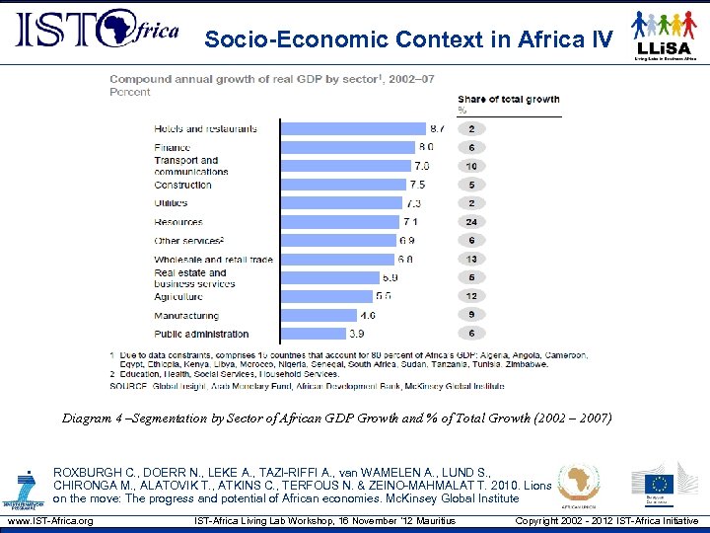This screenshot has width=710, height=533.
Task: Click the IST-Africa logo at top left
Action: tap(97, 32)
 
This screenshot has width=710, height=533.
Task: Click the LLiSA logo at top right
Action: tap(666, 35)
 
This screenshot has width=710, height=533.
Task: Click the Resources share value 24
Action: tap(471, 222)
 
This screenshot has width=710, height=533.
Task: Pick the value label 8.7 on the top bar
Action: tap(437, 128)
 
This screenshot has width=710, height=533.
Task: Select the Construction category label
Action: tap(182, 185)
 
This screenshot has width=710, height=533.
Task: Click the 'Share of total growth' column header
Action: tap(508, 100)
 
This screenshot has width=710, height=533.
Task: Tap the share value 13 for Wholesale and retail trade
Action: tap(471, 260)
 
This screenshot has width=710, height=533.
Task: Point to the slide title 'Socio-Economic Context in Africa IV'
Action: tap(408, 39)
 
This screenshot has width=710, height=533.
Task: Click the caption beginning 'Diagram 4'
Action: tap(336, 419)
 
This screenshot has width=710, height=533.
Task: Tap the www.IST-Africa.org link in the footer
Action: tap(49, 521)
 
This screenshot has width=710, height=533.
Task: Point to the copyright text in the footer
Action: tap(606, 521)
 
